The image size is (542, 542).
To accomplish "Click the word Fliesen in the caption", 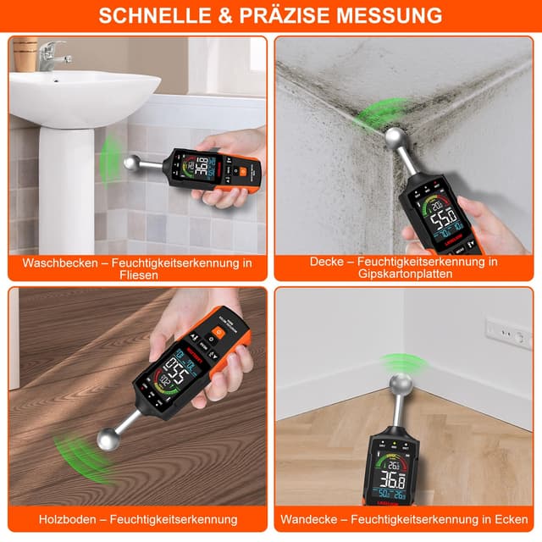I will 137,275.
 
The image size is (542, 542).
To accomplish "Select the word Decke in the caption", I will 327,262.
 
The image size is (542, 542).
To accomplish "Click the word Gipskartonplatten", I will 404,275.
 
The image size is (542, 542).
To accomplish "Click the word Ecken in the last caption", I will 511,518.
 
